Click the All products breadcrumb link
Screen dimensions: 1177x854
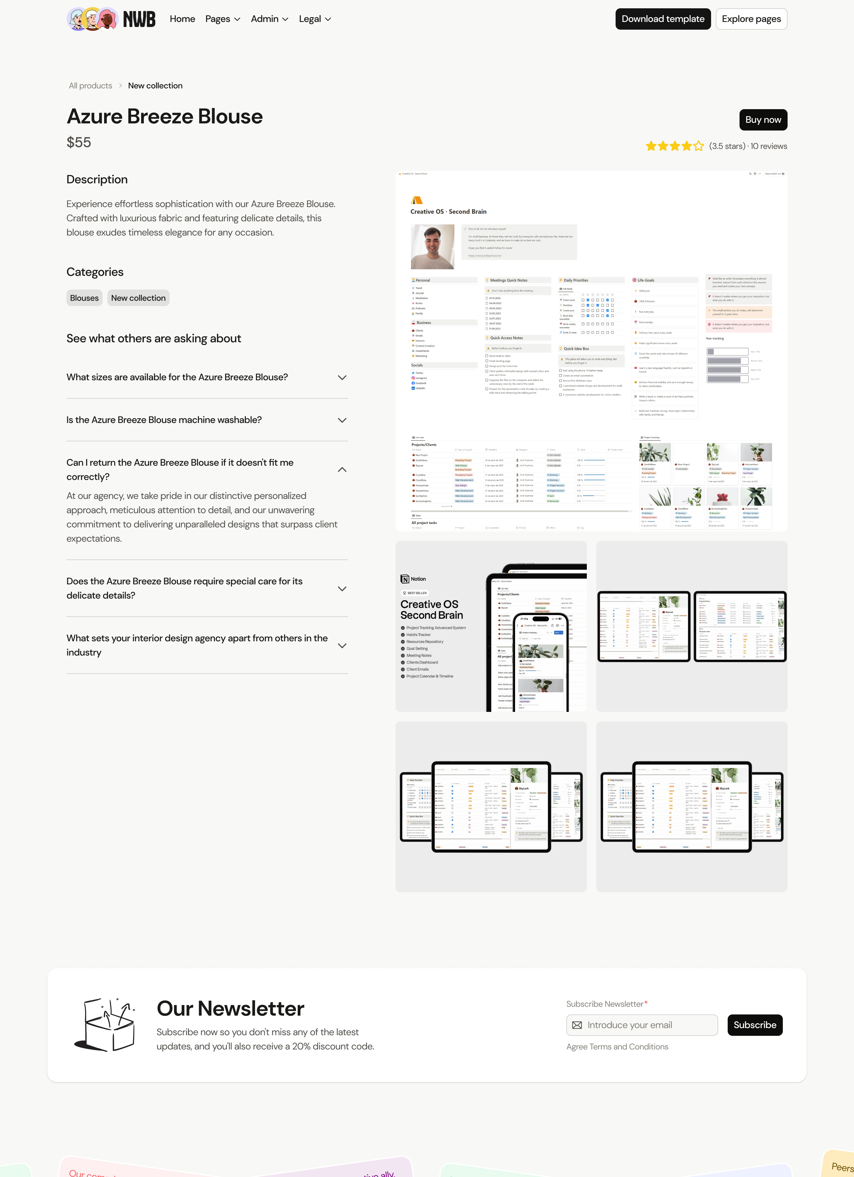click(90, 86)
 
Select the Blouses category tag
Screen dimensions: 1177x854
click(84, 298)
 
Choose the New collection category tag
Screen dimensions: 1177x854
click(138, 298)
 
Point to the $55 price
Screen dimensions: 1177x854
click(79, 142)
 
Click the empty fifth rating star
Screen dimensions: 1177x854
click(698, 146)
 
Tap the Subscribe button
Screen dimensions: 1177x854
click(754, 1025)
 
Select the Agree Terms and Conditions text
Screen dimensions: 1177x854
click(617, 1047)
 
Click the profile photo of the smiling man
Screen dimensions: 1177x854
click(432, 246)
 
